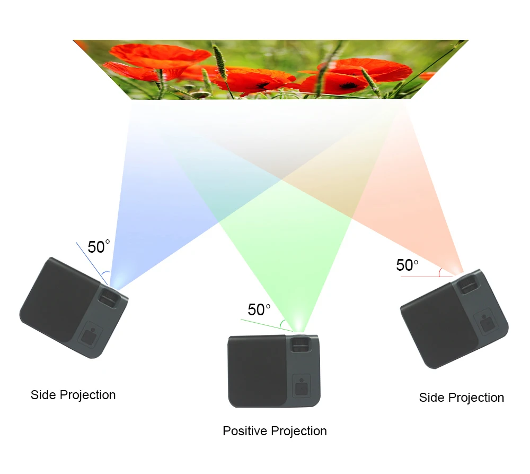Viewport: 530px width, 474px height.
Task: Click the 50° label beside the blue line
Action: (99, 247)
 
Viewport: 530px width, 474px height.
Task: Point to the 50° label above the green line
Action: (259, 309)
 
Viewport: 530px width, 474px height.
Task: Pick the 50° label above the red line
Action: (407, 265)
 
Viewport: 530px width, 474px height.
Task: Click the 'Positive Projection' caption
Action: (275, 430)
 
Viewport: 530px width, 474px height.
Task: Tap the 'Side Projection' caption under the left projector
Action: (73, 395)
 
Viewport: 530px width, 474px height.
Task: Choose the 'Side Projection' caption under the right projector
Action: (461, 398)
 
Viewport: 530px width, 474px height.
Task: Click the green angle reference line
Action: (265, 325)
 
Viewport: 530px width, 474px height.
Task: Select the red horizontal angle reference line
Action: (424, 277)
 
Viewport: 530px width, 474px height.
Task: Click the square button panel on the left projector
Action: (91, 335)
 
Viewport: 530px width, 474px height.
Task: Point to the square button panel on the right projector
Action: (485, 323)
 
